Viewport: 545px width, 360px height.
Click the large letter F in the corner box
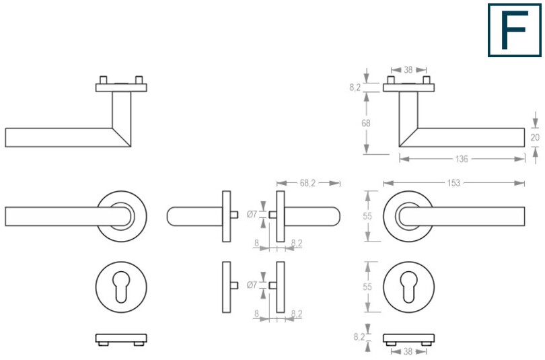pos(514,30)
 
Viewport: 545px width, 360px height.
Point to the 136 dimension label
pos(462,159)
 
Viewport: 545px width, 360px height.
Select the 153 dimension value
pos(453,183)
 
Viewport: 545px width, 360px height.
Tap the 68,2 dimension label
pos(307,183)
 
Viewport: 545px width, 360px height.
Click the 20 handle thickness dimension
pos(535,137)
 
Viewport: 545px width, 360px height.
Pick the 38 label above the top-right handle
pos(408,70)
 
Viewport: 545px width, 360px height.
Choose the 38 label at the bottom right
pos(408,352)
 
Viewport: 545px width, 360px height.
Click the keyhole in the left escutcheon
pos(121,287)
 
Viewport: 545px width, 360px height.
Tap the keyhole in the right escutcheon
pos(409,287)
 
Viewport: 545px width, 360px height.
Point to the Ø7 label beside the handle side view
pos(252,215)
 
